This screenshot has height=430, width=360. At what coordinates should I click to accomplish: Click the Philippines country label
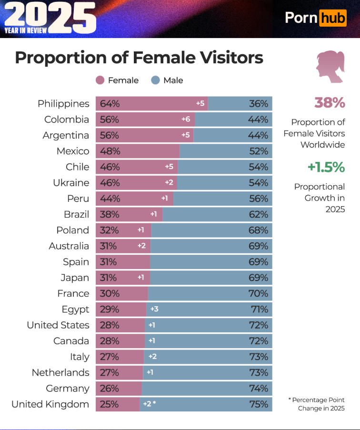tap(63, 104)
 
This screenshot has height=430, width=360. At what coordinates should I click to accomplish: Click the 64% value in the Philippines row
tap(110, 104)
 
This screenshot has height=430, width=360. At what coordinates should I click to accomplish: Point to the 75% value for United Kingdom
tap(259, 404)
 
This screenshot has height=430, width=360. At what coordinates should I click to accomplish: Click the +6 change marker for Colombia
tap(186, 120)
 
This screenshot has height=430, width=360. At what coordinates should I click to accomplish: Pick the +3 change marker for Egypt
tap(154, 310)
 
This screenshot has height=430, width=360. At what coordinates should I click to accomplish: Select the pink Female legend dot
tap(100, 80)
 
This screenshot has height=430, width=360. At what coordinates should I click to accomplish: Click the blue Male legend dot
tap(155, 80)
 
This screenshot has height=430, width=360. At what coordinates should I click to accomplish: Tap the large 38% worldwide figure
tap(330, 103)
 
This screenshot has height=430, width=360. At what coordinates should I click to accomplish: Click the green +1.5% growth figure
tap(326, 167)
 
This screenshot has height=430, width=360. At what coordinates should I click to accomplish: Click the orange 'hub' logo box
tap(333, 19)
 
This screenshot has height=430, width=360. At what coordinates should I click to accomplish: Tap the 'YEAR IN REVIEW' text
tap(26, 30)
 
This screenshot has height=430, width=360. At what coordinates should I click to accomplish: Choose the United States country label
tap(58, 325)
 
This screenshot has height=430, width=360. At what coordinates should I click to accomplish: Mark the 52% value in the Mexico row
tap(259, 151)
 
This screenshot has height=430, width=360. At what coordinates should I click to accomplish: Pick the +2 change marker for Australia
tap(141, 246)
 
